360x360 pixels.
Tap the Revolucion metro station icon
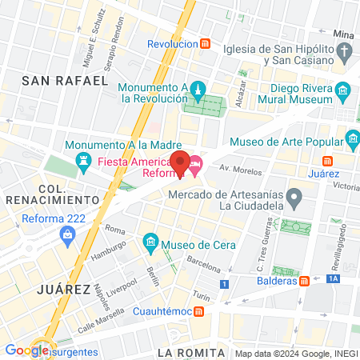point(206,44)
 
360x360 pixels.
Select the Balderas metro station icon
point(304,281)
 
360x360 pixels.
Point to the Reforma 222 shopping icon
point(67,234)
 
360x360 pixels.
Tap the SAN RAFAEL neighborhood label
point(65,80)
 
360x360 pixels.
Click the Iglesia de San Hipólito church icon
point(345,53)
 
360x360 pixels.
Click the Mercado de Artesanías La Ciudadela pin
point(294,197)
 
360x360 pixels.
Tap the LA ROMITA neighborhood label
point(187,352)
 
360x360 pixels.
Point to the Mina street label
point(343,34)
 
